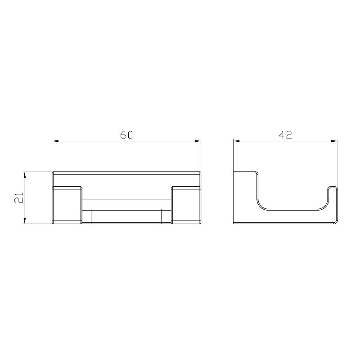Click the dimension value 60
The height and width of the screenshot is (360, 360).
126,135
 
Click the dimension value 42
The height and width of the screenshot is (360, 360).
285,135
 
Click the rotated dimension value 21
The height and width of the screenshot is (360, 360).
19,198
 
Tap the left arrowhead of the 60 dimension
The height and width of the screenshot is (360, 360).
55,141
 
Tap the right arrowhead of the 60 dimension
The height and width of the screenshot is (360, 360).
198,141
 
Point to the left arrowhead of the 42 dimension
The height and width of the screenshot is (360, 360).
237,141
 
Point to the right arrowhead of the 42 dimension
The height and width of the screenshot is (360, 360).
334,141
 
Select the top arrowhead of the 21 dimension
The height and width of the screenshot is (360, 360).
25,175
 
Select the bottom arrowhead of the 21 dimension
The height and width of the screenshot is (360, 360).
25,220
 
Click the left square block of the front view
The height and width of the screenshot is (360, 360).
67,205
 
